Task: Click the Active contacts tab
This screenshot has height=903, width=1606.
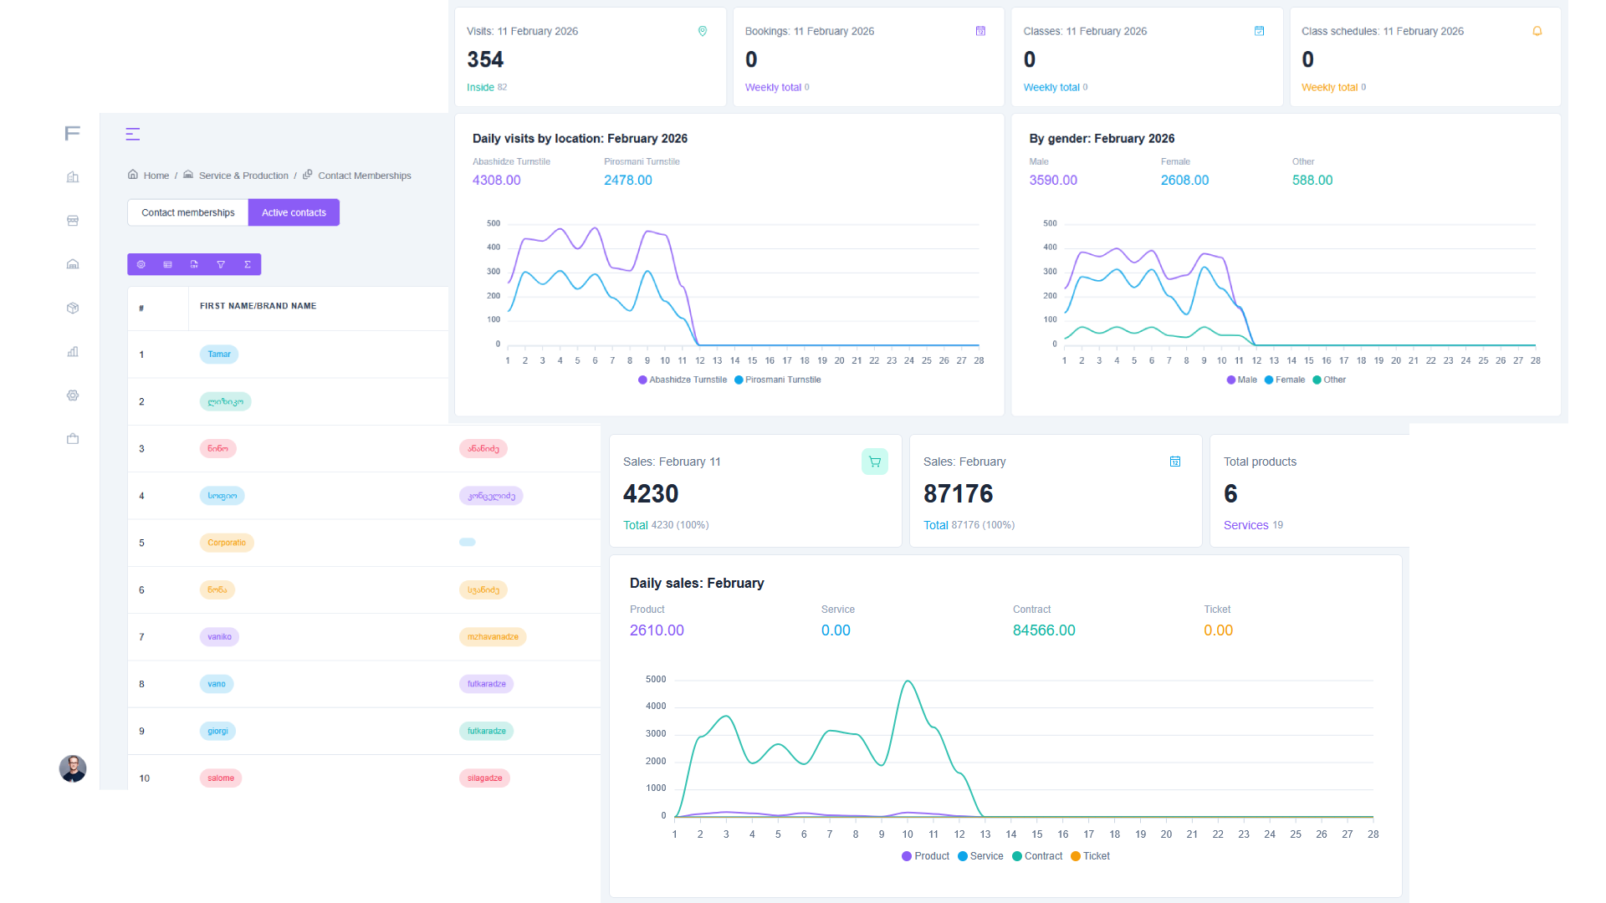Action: (294, 212)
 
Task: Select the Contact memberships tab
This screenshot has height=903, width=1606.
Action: (187, 212)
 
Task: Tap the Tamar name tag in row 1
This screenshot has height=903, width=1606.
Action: (219, 355)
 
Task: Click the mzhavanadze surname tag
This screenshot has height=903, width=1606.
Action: (493, 637)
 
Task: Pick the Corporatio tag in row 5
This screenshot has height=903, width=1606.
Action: (227, 543)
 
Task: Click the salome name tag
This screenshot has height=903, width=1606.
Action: (221, 778)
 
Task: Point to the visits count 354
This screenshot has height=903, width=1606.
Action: (485, 59)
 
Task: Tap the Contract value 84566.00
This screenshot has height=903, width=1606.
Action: (1044, 630)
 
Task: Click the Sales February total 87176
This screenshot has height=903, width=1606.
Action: (958, 494)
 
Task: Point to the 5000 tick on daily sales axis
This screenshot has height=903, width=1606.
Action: (656, 679)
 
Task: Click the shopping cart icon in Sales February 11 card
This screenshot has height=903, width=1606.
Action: (875, 462)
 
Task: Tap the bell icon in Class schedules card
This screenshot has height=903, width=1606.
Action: (1537, 31)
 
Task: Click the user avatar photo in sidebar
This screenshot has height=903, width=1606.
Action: (73, 768)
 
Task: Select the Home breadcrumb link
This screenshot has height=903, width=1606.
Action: (156, 176)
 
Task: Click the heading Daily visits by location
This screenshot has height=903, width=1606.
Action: (580, 139)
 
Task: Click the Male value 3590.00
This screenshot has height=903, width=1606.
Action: (1053, 181)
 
